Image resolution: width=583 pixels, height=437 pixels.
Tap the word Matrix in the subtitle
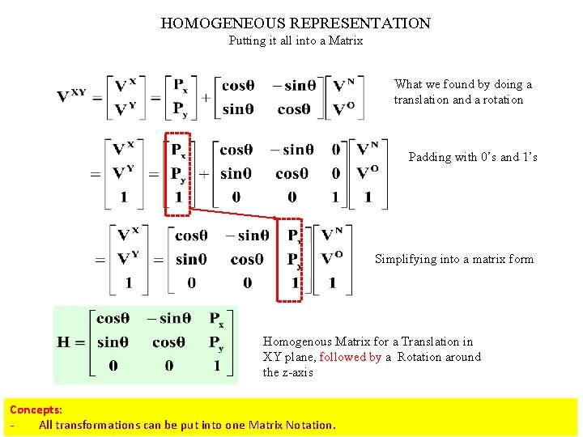(346, 40)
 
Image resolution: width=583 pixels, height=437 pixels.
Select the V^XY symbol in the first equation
(71, 96)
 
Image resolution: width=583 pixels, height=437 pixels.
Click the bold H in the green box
(64, 342)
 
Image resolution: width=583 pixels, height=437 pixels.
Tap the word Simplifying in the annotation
(404, 259)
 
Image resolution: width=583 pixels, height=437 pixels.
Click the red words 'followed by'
(350, 357)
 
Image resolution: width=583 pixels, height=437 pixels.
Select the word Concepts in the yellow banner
(36, 410)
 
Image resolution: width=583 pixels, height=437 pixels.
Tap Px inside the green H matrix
(216, 320)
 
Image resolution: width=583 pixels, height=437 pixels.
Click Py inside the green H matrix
(216, 343)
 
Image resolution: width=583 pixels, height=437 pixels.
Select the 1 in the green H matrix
(216, 366)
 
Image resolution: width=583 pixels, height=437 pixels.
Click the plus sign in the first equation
(206, 97)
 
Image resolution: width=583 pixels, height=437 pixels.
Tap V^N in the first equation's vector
(343, 85)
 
